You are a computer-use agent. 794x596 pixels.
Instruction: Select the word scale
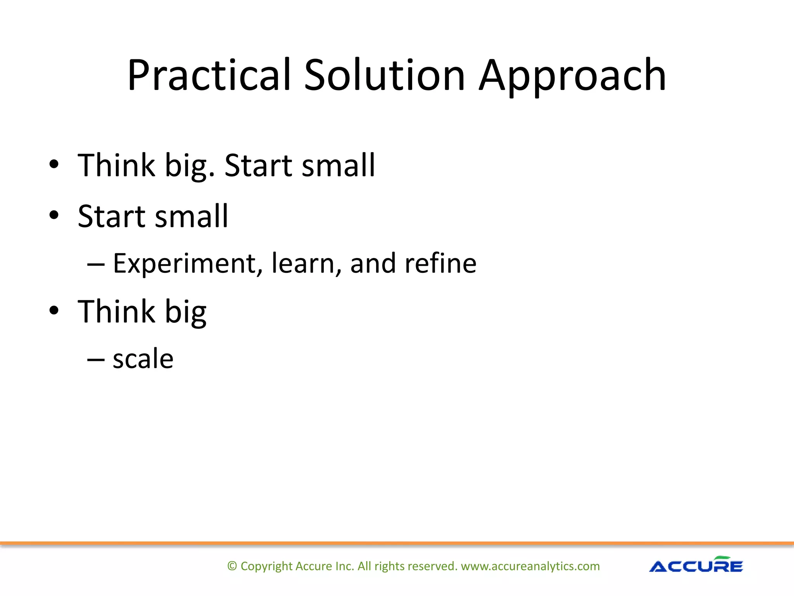(x=143, y=359)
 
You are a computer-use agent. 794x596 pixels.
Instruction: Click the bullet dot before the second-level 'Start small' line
(x=54, y=215)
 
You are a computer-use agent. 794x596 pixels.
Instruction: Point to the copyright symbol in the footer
(x=232, y=566)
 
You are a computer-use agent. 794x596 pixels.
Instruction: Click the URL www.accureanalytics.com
(x=530, y=566)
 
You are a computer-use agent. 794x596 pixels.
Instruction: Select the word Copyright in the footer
(x=266, y=566)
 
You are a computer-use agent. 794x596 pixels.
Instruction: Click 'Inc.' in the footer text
(x=345, y=566)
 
